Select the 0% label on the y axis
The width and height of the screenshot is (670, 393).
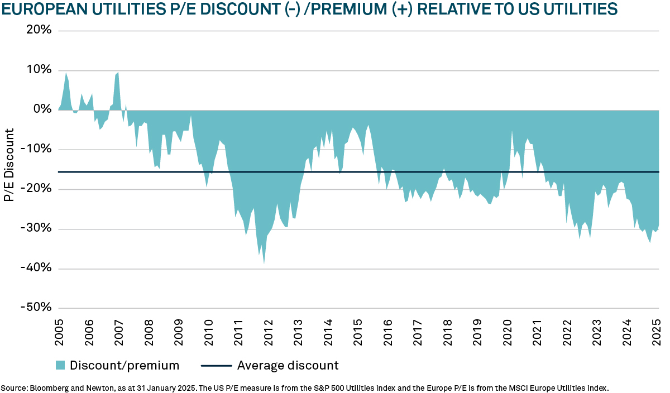(42, 109)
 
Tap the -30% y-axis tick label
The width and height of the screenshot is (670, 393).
(37, 229)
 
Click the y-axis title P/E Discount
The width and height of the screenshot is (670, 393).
(9, 165)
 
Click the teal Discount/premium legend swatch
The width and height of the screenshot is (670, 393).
(60, 366)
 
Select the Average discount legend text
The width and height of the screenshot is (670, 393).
(288, 366)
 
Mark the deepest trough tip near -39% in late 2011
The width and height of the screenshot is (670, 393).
(264, 263)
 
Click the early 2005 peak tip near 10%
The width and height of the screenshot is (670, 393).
(66, 73)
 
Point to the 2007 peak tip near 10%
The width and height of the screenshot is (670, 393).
(118, 72)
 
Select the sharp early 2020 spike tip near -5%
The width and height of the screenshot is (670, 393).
(512, 131)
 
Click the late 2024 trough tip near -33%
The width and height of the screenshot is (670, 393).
(650, 242)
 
